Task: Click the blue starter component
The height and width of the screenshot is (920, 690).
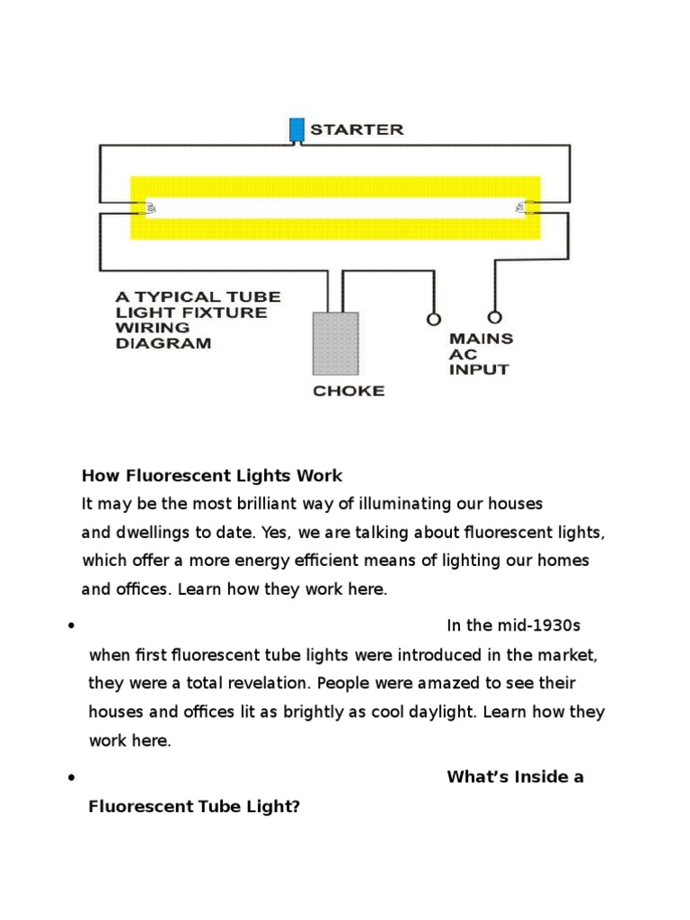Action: pyautogui.click(x=296, y=129)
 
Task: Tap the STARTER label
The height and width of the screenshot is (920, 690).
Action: pyautogui.click(x=357, y=129)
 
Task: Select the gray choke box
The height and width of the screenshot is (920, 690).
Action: pyautogui.click(x=335, y=343)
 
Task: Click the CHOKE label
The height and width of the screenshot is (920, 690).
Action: pyautogui.click(x=349, y=391)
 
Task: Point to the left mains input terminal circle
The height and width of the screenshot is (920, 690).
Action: pyautogui.click(x=434, y=319)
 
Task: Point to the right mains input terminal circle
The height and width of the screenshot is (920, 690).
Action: pyautogui.click(x=493, y=318)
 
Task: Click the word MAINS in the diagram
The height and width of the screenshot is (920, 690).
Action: pyautogui.click(x=482, y=339)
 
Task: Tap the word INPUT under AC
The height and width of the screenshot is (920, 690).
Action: pyautogui.click(x=479, y=369)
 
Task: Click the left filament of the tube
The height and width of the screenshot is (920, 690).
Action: pyautogui.click(x=150, y=208)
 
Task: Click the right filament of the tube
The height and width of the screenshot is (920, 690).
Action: pyautogui.click(x=521, y=208)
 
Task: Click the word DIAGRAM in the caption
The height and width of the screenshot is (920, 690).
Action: pyautogui.click(x=163, y=343)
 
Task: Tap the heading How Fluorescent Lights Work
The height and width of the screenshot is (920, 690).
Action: pyautogui.click(x=212, y=475)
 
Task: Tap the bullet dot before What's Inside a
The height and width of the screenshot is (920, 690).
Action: pyautogui.click(x=69, y=778)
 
